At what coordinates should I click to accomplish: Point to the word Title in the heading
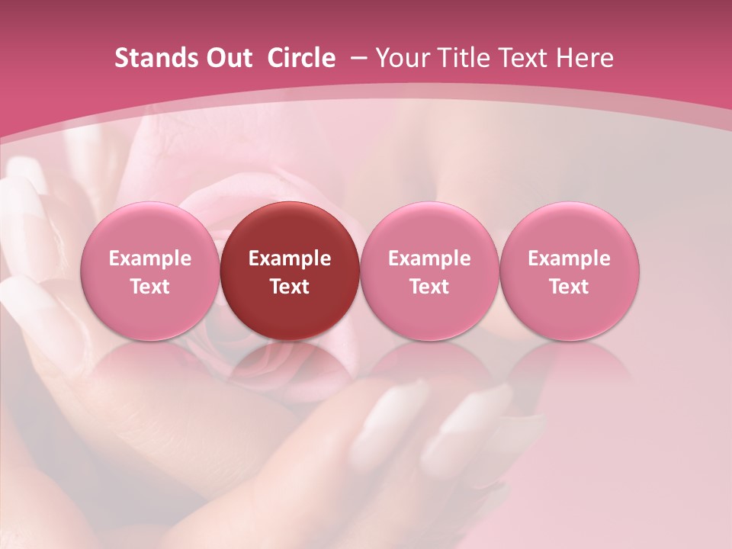[464, 58]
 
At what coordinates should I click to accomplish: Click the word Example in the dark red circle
[290, 258]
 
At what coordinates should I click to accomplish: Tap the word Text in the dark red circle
[290, 287]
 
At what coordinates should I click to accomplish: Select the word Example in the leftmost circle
[150, 258]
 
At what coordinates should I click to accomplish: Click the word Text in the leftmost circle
[150, 287]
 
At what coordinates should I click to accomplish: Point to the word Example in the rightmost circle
[570, 258]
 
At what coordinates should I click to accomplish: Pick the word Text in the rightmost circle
[570, 287]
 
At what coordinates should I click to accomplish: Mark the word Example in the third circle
[429, 258]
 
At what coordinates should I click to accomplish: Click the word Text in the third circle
[429, 287]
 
